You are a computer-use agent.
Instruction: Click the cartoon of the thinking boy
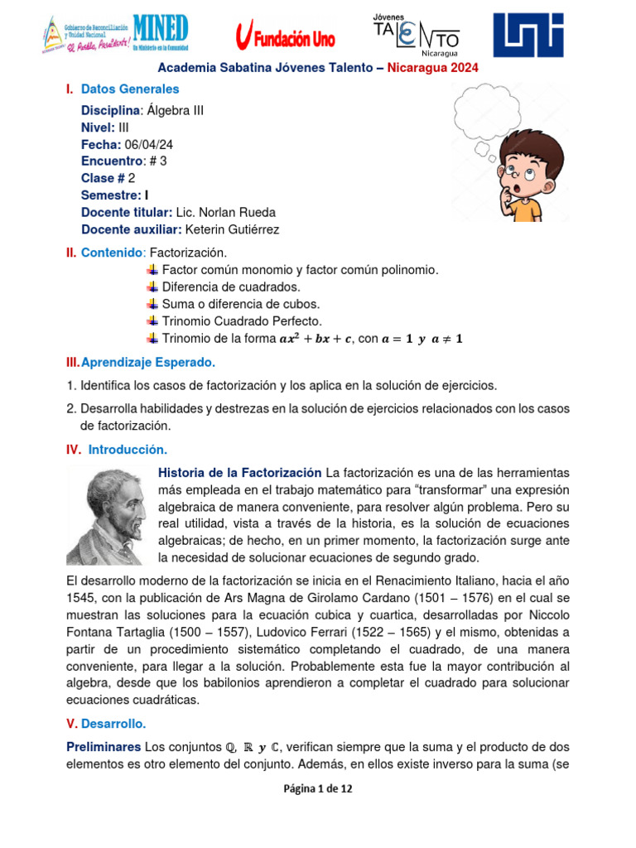click(x=530, y=176)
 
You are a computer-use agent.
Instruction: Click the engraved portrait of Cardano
click(x=106, y=515)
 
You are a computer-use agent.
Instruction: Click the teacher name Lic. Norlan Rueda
click(x=225, y=212)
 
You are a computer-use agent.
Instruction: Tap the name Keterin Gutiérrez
click(x=233, y=229)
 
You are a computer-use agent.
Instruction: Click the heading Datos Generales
click(x=130, y=89)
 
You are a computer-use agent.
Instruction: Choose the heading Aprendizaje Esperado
click(x=147, y=362)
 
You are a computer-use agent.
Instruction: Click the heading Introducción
click(x=128, y=450)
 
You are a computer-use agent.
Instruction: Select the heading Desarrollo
click(x=114, y=723)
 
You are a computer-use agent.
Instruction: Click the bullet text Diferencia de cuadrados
click(x=231, y=287)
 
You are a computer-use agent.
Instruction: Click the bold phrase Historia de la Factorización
click(x=239, y=472)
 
